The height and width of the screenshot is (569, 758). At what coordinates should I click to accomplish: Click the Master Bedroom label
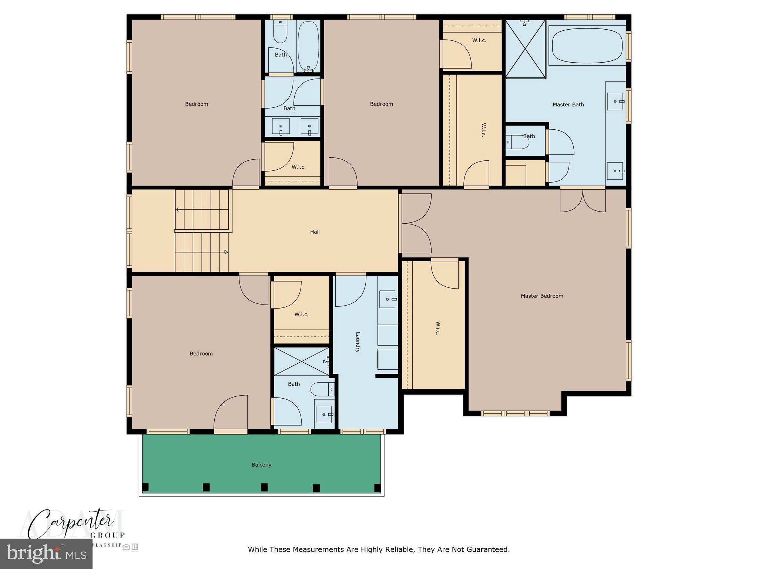(x=541, y=296)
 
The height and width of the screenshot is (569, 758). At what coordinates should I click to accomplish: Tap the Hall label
(x=315, y=232)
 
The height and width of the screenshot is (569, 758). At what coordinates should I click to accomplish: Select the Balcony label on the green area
(x=261, y=465)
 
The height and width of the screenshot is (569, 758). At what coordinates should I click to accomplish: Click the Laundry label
(x=358, y=342)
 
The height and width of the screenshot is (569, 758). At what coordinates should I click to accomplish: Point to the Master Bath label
(x=568, y=104)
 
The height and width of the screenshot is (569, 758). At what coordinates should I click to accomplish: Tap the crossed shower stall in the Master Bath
(x=525, y=49)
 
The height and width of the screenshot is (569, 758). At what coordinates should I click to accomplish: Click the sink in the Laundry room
(x=388, y=299)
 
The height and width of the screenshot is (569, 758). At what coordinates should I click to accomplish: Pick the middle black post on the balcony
(x=264, y=487)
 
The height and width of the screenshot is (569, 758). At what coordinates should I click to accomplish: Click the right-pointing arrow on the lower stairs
(x=226, y=252)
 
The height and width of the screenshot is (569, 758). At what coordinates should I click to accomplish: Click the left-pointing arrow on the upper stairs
(x=178, y=210)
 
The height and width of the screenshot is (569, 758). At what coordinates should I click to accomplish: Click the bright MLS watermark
(x=46, y=553)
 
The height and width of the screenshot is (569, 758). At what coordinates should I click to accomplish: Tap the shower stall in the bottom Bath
(x=301, y=362)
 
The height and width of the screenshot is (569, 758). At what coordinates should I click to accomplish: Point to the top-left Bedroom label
(x=197, y=104)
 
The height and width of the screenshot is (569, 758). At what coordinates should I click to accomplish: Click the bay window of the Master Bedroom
(x=515, y=413)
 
